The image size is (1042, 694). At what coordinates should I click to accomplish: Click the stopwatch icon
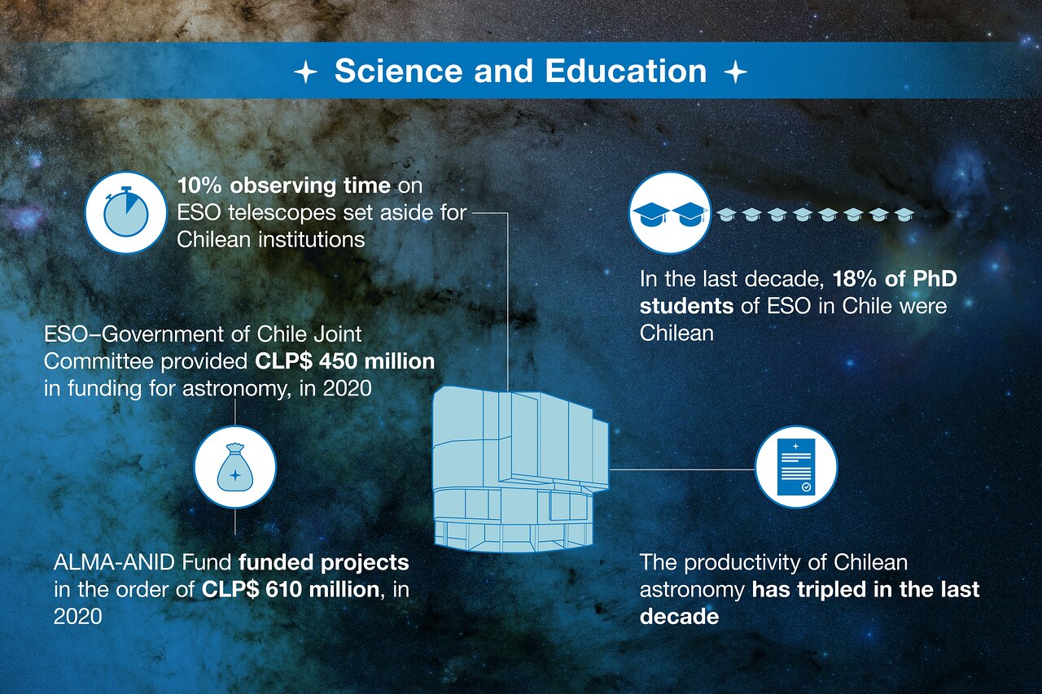coord(125,212)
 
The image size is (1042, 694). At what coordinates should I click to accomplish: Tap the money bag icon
coord(235,467)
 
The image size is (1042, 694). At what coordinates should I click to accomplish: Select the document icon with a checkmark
coord(796,467)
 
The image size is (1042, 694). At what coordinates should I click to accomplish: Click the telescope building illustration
coord(521,469)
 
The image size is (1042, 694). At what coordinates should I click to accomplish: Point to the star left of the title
coord(305,72)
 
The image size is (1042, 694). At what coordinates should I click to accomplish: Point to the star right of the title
coord(735,72)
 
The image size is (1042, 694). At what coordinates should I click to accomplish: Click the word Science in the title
coord(399,71)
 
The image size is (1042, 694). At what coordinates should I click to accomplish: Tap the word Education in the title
coord(626,71)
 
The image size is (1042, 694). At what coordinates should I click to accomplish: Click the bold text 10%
coord(199,186)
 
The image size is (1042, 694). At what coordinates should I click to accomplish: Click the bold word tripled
coord(832,589)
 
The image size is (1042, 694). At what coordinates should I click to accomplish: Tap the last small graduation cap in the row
coord(904,214)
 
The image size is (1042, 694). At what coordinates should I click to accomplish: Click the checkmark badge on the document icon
coord(806,487)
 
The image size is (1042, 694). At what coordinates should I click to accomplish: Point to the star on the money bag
coord(235,475)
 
